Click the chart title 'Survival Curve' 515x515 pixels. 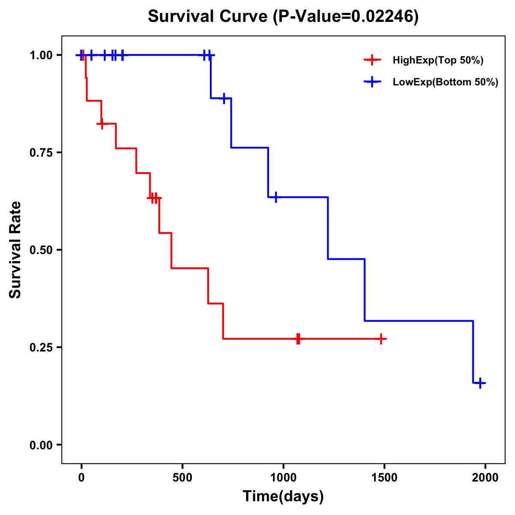209,17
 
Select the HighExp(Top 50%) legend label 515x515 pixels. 438,61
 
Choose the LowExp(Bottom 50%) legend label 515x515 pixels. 445,82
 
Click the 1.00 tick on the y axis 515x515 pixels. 41,55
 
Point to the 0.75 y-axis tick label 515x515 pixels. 41,153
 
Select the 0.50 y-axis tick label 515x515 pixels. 41,250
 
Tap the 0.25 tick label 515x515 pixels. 41,348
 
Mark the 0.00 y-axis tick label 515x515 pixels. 41,445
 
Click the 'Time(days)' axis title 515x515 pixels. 283,497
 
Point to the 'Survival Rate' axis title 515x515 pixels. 15,250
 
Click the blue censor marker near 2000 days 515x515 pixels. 480,383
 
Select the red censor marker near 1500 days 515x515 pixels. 380,339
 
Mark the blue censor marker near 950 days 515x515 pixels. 276,197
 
